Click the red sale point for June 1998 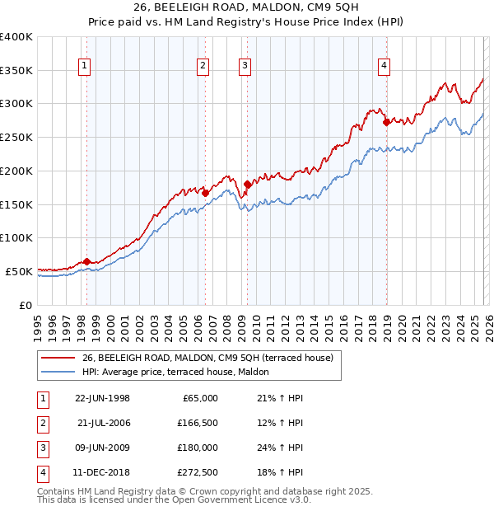(x=86, y=261)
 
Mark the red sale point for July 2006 (x=205, y=193)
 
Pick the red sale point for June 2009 (x=247, y=184)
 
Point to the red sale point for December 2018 (x=385, y=122)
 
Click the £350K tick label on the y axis (x=16, y=71)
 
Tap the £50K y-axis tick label (x=19, y=271)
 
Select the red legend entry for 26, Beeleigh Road (x=207, y=358)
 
